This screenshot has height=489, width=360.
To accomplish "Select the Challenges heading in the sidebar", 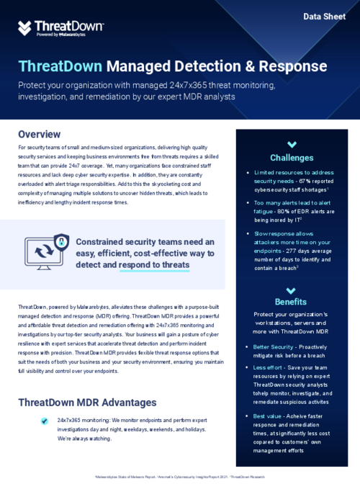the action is coord(292,158).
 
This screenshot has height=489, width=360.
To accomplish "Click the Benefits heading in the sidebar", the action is coord(292,301).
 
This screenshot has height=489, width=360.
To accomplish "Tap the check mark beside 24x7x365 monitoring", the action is coord(45,418).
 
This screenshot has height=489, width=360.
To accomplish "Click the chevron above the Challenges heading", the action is coord(292,144).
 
